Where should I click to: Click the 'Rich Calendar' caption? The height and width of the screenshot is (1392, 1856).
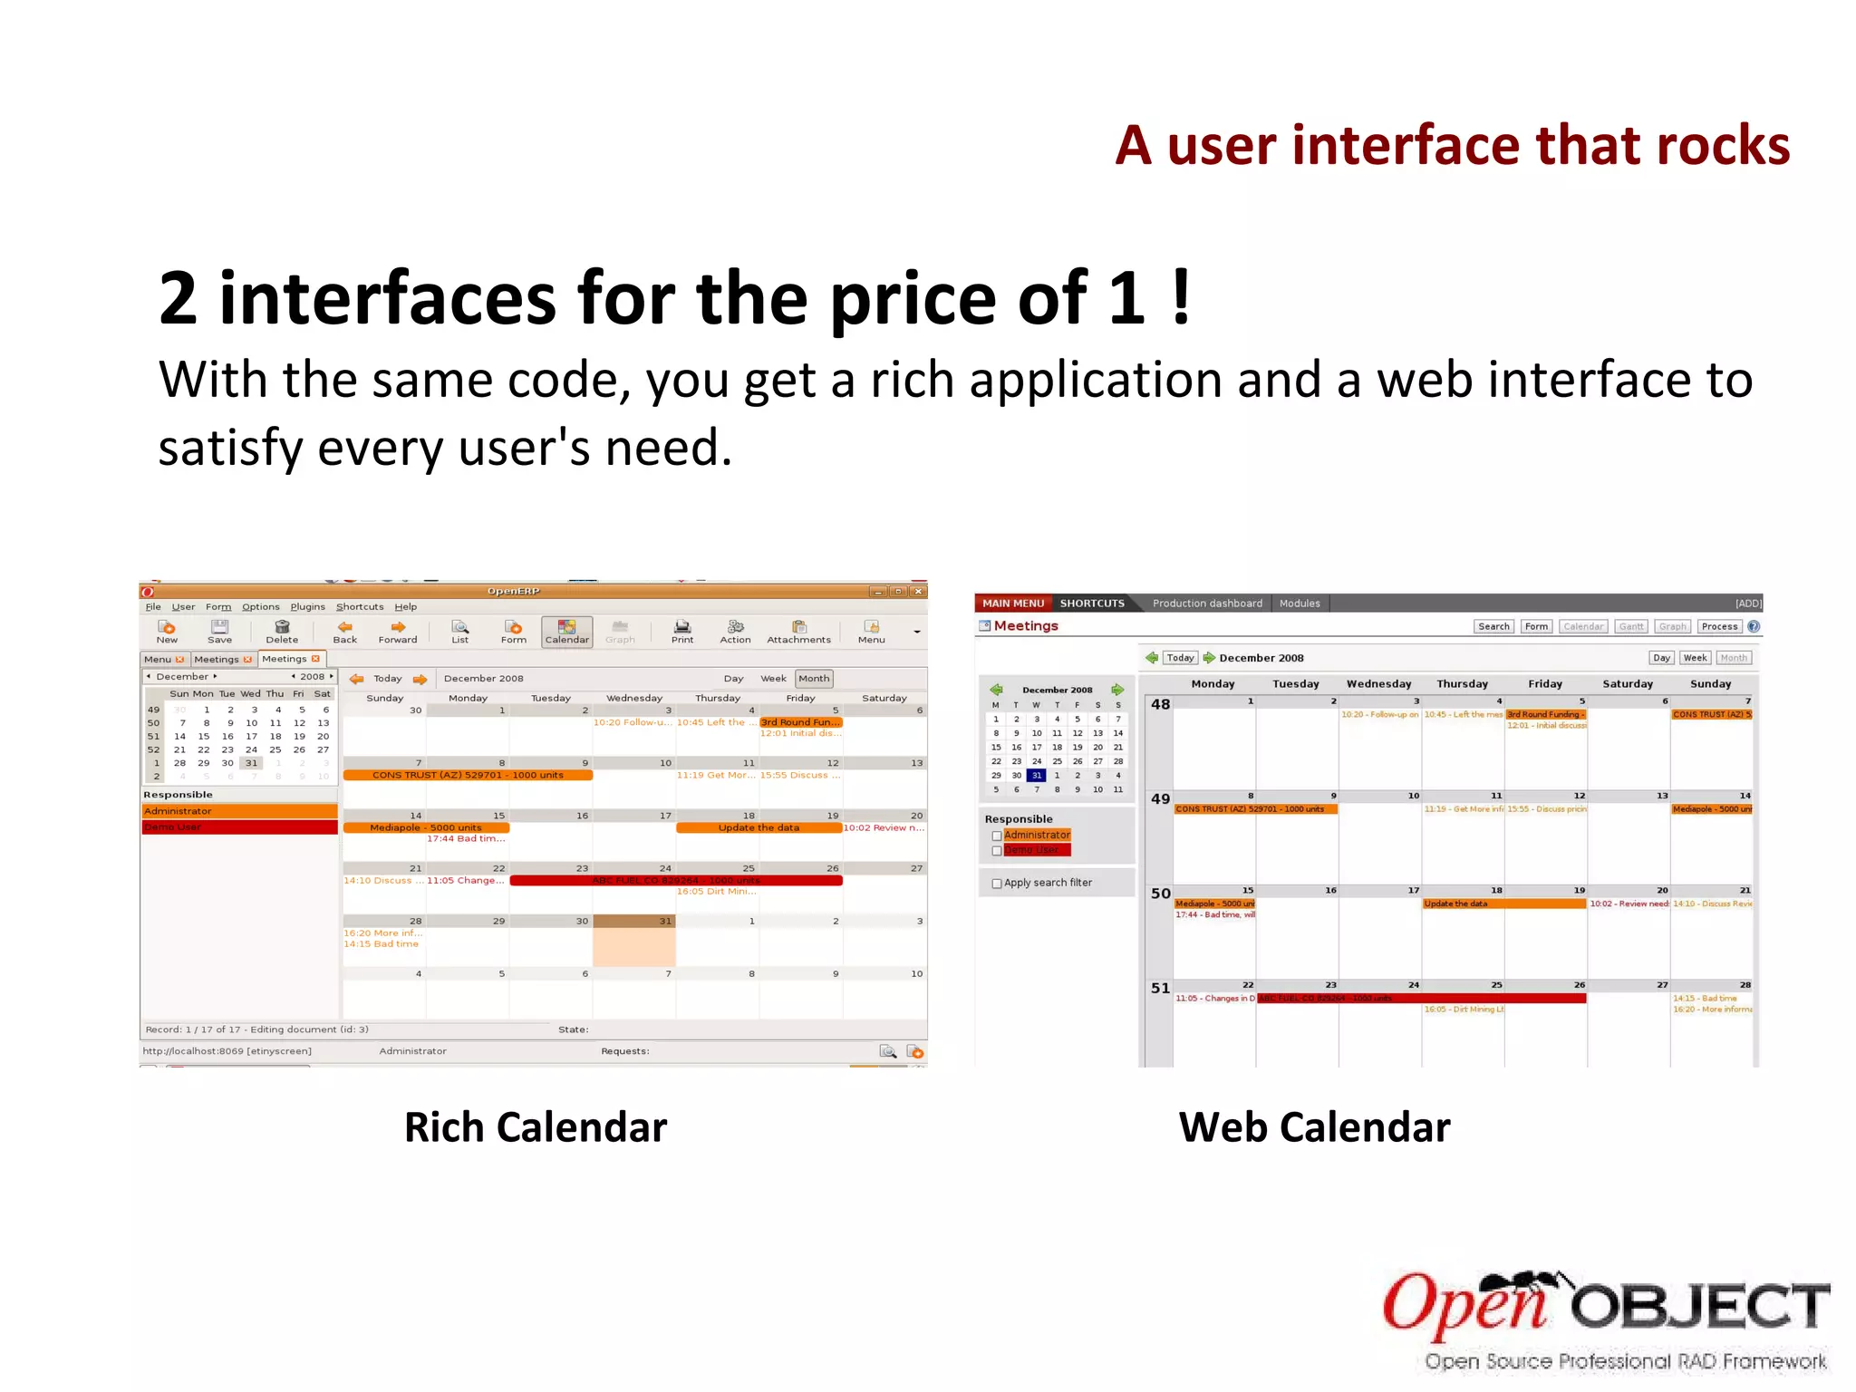pos(535,1127)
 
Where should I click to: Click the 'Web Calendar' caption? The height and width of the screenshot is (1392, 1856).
pos(1314,1127)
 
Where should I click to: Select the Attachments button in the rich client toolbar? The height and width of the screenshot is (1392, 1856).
pos(798,632)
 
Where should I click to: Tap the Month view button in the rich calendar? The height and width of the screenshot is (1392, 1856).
pos(813,678)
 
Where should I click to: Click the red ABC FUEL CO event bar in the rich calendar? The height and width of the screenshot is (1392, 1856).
pos(676,880)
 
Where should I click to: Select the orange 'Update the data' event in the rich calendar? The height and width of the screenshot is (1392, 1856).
pos(759,827)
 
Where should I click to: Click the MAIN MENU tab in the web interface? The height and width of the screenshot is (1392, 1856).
pos(1013,603)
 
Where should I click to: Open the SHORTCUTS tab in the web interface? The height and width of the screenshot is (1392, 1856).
pos(1092,603)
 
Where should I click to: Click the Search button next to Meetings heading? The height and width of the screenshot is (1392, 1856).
pos(1493,626)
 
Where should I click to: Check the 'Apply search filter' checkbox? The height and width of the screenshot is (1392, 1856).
pos(997,884)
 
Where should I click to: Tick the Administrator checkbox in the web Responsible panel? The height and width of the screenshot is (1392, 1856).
pos(997,836)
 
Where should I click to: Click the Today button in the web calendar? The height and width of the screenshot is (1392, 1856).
pos(1180,658)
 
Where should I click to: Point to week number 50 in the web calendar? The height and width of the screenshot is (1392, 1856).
pos(1160,894)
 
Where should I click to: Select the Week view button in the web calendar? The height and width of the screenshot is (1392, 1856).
pos(1695,658)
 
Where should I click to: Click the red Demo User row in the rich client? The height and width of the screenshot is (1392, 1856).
pos(239,826)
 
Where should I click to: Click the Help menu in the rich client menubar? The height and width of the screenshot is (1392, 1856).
pos(405,606)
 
